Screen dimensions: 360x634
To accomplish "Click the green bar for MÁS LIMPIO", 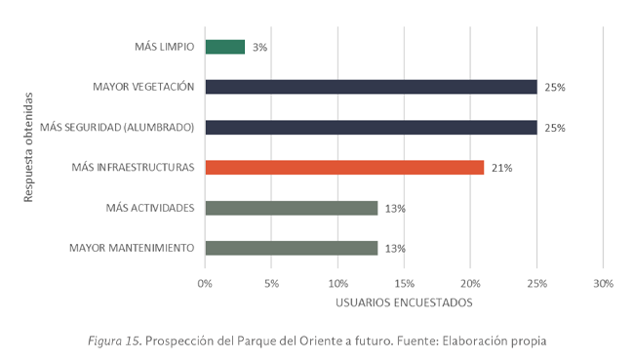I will pyautogui.click(x=224, y=47).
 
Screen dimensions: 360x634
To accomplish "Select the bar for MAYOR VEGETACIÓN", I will pyautogui.click(x=371, y=87).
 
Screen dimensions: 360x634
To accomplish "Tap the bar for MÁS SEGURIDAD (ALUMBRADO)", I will pyautogui.click(x=371, y=127).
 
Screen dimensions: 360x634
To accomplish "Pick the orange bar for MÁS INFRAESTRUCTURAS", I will pyautogui.click(x=344, y=168).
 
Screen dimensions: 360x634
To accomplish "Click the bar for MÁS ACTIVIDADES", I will pyautogui.click(x=291, y=208).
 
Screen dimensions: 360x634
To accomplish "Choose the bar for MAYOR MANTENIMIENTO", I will pyautogui.click(x=291, y=248).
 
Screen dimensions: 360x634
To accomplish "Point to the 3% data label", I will pyautogui.click(x=260, y=47).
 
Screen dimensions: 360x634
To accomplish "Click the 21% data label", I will pyautogui.click(x=501, y=168).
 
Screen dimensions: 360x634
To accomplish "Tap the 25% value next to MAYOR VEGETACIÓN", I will pyautogui.click(x=555, y=88).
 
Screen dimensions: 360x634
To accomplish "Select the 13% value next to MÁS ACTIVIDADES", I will pyautogui.click(x=395, y=209).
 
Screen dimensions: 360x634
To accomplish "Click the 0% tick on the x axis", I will pyautogui.click(x=205, y=283).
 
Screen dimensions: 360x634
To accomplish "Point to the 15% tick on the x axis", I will pyautogui.click(x=404, y=283).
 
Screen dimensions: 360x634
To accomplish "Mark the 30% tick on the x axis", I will pyautogui.click(x=603, y=283).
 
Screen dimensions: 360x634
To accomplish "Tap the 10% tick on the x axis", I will pyautogui.click(x=337, y=283).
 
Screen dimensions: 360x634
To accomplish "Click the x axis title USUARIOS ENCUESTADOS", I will pyautogui.click(x=404, y=302).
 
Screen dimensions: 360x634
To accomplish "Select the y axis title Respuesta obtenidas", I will pyautogui.click(x=29, y=147).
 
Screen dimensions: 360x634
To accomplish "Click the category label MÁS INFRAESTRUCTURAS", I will pyautogui.click(x=133, y=168).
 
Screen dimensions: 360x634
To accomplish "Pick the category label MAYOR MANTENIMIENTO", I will pyautogui.click(x=132, y=248).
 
